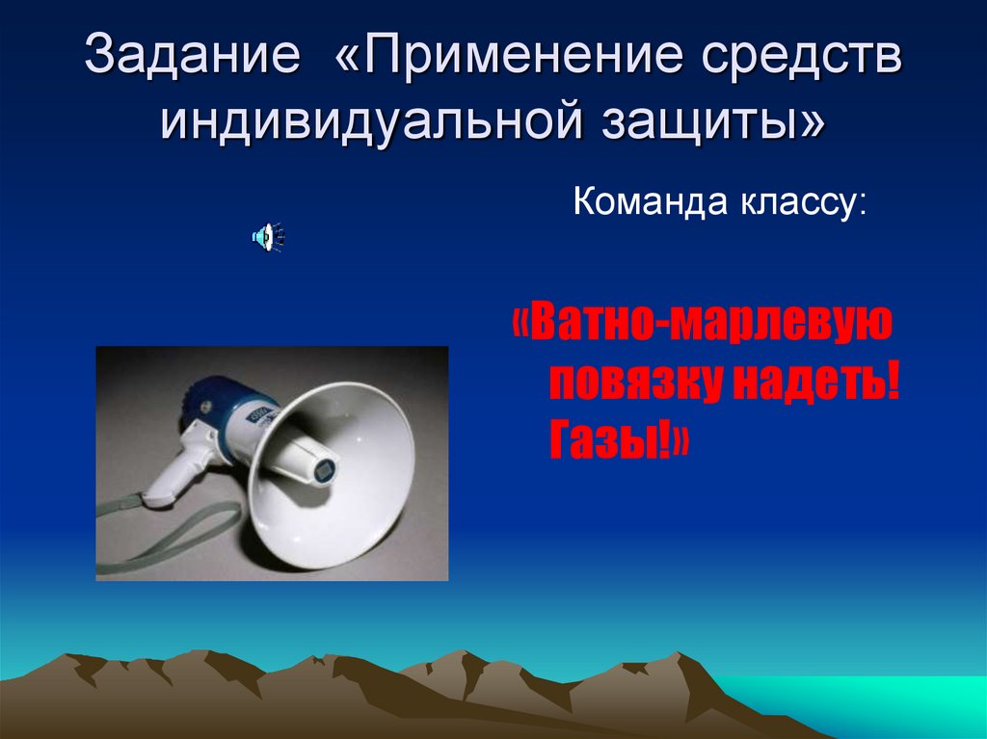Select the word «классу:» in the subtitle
[x=803, y=203]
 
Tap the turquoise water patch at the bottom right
[x=867, y=708]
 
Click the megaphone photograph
[x=272, y=462]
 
